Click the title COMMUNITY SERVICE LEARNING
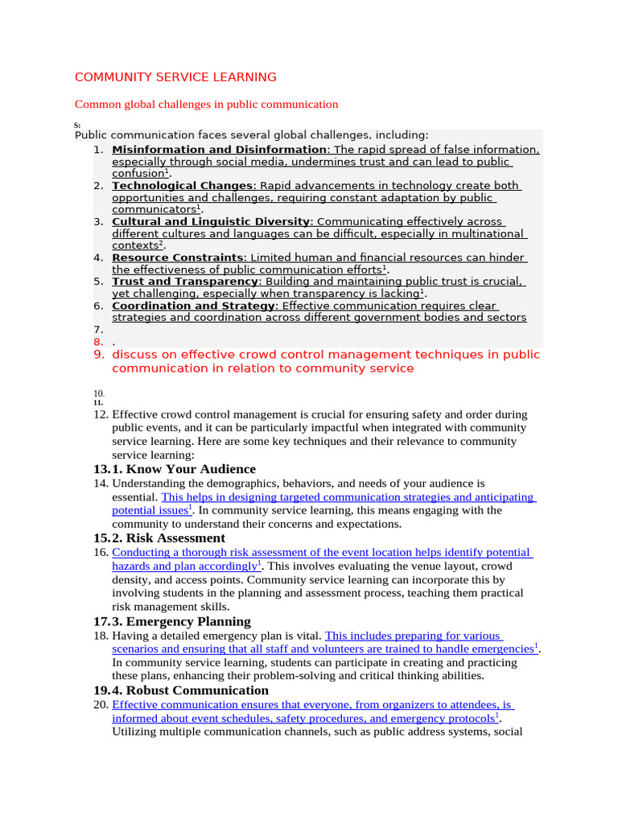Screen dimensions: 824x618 [175, 77]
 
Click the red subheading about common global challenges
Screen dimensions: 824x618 [206, 104]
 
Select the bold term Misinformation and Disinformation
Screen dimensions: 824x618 [219, 150]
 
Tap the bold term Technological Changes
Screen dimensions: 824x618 [182, 186]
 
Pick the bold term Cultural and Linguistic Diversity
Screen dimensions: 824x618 [211, 221]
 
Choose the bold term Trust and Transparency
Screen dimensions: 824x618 [184, 282]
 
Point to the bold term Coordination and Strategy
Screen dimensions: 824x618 [193, 306]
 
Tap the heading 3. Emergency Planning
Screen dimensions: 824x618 [181, 621]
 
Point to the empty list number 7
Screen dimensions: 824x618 [97, 330]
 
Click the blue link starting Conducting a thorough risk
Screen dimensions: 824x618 [321, 553]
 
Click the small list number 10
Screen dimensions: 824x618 [98, 393]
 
